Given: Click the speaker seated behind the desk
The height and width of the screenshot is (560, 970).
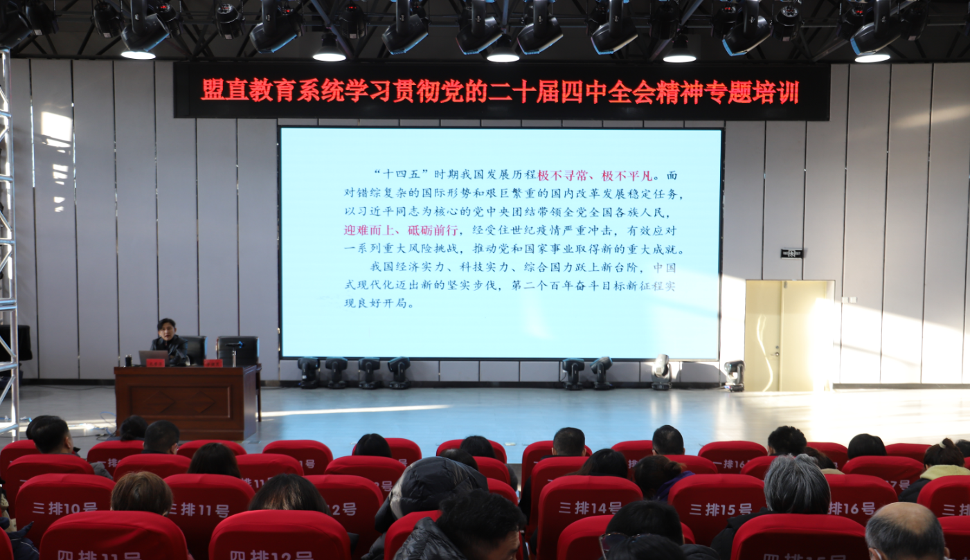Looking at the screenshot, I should [x=167, y=339].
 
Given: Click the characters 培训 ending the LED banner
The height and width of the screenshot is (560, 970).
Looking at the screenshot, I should [x=778, y=91].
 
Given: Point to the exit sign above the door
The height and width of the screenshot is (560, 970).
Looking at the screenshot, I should [x=791, y=253].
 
